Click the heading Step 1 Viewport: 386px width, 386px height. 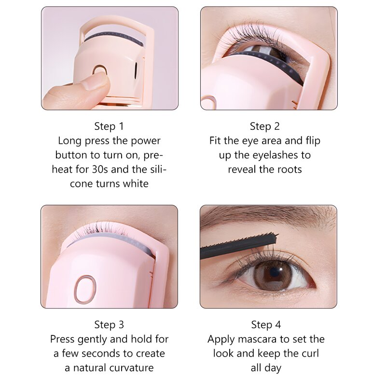pos(109,126)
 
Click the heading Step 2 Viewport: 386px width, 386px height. pos(265,126)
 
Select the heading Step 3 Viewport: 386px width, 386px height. pos(109,325)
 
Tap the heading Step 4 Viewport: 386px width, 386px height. pos(266,325)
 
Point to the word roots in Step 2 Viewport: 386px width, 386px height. pos(289,169)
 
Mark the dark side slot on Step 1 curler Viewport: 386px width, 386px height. pos(136,70)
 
